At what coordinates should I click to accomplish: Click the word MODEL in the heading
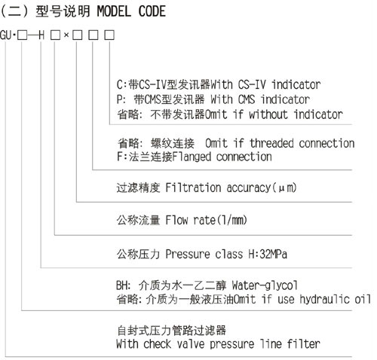tap(114, 11)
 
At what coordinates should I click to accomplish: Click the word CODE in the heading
tap(152, 11)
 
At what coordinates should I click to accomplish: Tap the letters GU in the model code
tap(6, 35)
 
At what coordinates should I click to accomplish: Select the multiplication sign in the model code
tap(66, 35)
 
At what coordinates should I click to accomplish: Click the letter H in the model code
tap(41, 35)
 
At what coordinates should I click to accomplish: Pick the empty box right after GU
tap(22, 35)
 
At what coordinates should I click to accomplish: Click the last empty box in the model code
tap(109, 35)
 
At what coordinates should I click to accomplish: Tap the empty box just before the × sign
tap(55, 35)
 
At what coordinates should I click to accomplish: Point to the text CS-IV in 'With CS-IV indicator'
tap(252, 84)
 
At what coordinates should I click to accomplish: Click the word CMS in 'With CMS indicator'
tap(247, 99)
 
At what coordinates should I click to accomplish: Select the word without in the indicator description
tap(268, 114)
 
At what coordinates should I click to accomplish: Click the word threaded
tap(271, 143)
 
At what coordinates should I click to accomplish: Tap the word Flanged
tap(192, 157)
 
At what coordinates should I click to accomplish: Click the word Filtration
tap(193, 188)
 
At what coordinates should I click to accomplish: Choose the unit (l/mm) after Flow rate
tap(231, 220)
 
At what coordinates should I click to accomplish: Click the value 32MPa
tap(273, 254)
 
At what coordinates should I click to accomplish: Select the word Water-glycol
tap(265, 285)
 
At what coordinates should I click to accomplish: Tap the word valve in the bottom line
tap(191, 343)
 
